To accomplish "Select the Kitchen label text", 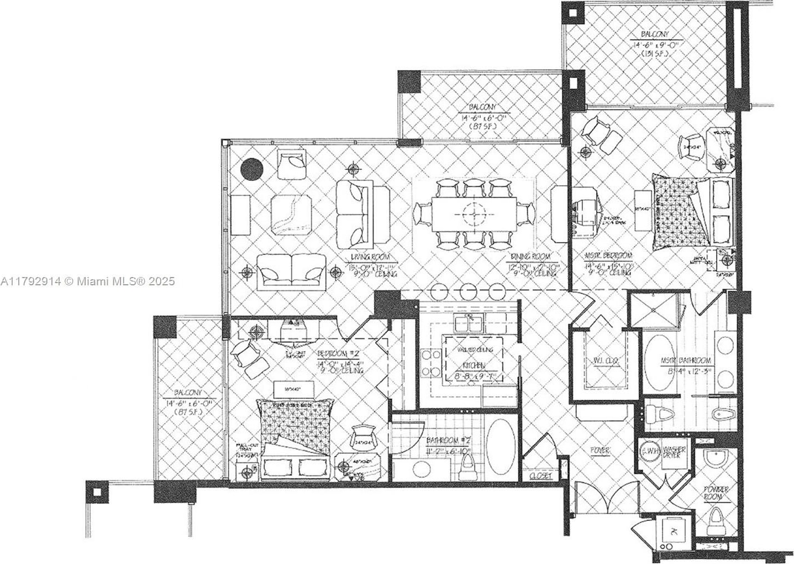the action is pos(474,365).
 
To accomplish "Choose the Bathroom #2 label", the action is pos(448,441).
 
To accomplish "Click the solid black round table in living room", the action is pos(251,168).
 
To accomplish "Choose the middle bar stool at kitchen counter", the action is pos(468,291).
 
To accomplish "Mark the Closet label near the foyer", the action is pos(540,475).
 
